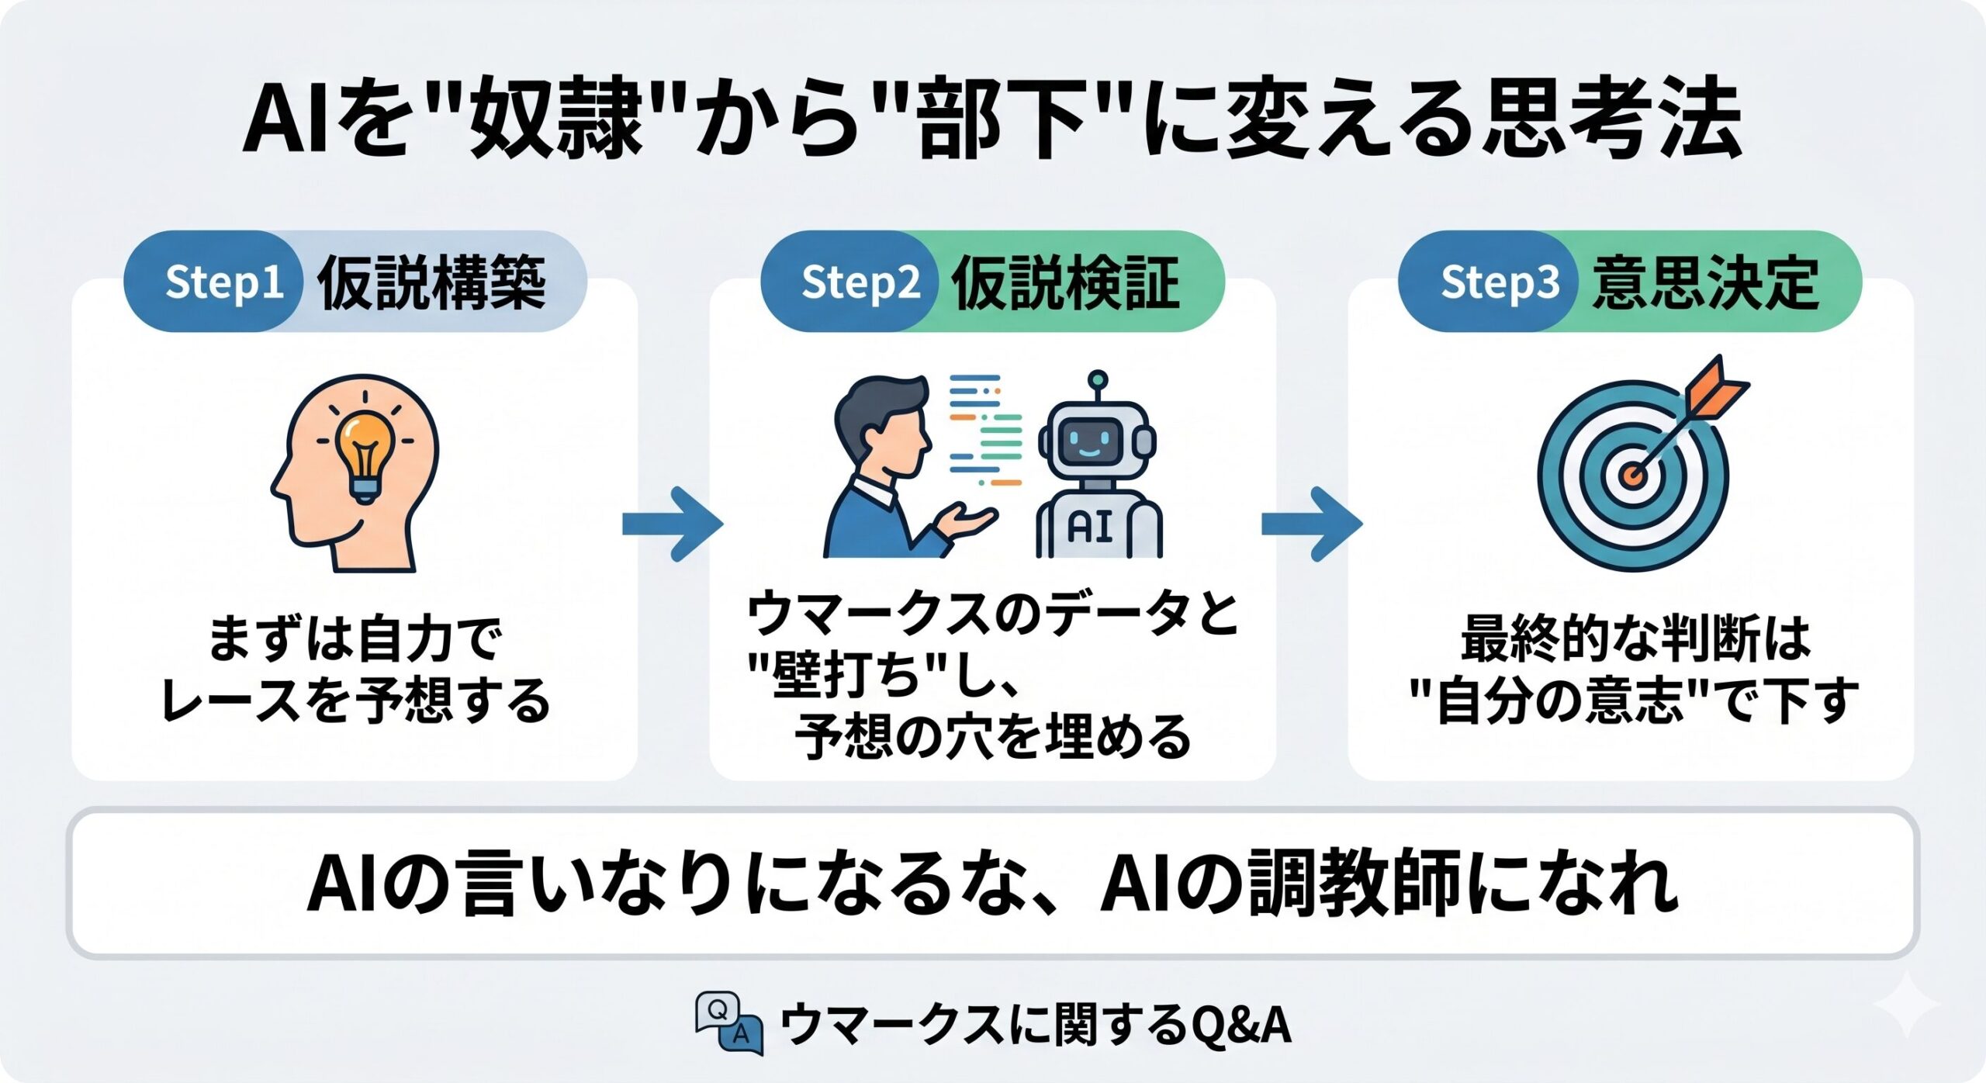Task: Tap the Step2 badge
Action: pos(849,282)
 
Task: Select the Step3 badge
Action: pos(1488,282)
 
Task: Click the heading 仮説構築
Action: pos(431,282)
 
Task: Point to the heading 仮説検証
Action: pos(1066,282)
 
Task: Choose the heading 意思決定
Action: pos(1705,282)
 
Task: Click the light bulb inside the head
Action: pos(364,455)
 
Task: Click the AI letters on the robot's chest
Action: pos(1091,527)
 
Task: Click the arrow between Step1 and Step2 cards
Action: pos(673,524)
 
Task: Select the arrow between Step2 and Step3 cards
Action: pos(1312,524)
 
